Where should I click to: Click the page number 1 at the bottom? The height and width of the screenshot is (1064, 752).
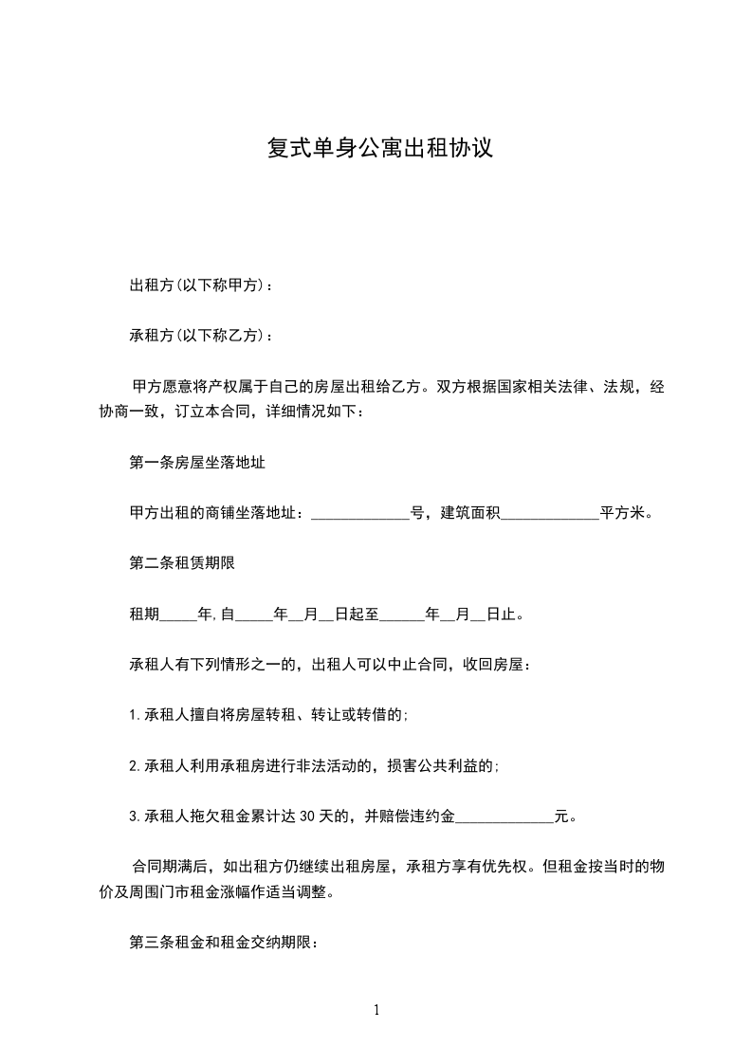pos(376,1010)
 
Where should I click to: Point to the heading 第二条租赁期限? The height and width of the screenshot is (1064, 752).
pos(181,563)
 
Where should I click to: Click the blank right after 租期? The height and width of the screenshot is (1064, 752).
pos(179,615)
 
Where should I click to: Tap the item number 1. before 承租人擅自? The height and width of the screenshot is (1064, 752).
pos(134,715)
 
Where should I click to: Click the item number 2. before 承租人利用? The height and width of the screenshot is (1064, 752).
pos(134,765)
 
